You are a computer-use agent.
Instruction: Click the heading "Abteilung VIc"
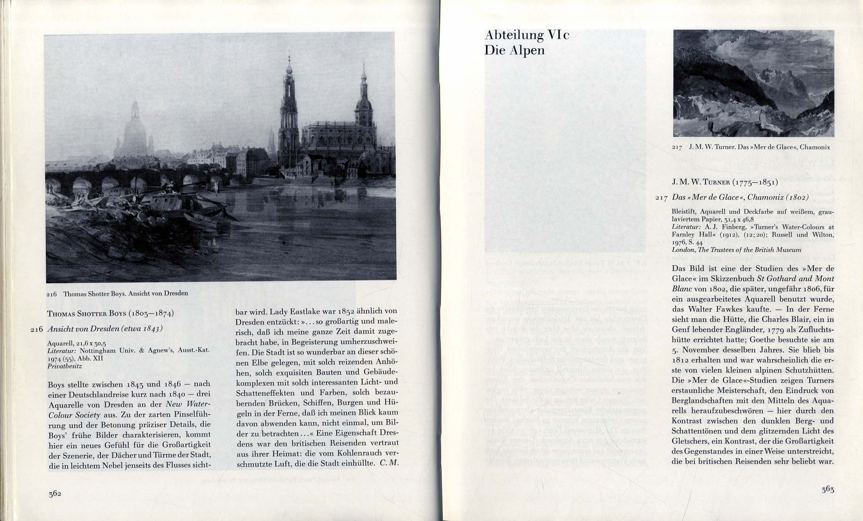527,35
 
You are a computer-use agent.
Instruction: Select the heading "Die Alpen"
514,50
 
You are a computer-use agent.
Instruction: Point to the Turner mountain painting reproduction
753,83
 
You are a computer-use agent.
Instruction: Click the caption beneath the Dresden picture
117,294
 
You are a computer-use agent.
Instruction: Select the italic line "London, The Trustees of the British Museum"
736,250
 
